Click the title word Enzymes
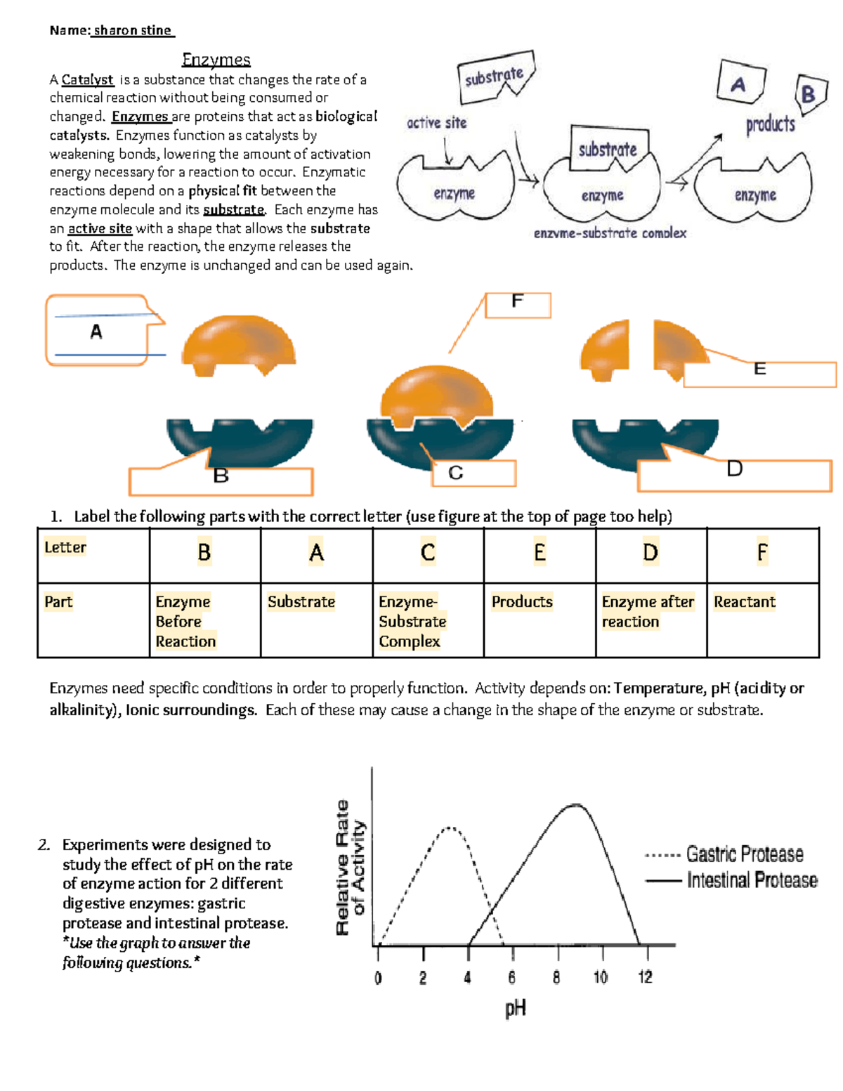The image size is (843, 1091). click(x=216, y=60)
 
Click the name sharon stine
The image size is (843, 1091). click(x=132, y=30)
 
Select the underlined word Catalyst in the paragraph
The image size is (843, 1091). click(x=87, y=80)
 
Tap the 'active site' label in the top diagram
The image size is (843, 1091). click(x=436, y=123)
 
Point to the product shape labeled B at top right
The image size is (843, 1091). click(x=808, y=93)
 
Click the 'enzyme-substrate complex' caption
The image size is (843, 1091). click(x=610, y=233)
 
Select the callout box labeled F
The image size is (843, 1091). click(x=518, y=305)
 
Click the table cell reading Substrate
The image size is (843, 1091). click(x=301, y=602)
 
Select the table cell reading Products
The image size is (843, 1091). click(x=522, y=602)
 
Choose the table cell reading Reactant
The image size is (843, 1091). click(x=745, y=602)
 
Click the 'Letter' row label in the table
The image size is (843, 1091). click(x=65, y=547)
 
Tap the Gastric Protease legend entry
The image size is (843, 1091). click(x=745, y=854)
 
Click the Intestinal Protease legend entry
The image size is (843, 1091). click(x=752, y=880)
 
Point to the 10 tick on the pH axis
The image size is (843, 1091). click(x=601, y=977)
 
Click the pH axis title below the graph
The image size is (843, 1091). click(x=515, y=1009)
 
